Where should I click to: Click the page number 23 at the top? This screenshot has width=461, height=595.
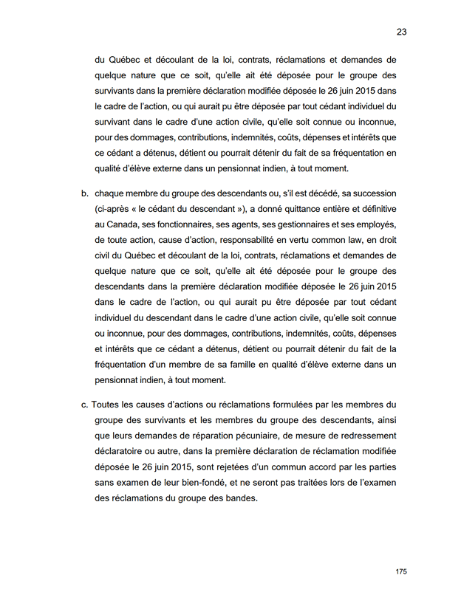coord(402,32)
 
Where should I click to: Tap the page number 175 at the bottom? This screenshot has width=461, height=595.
coord(401,571)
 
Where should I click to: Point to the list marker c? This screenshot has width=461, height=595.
coord(85,405)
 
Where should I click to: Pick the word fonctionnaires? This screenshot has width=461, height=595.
coord(183,224)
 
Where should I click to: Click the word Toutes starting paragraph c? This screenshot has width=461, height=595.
coord(109,405)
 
